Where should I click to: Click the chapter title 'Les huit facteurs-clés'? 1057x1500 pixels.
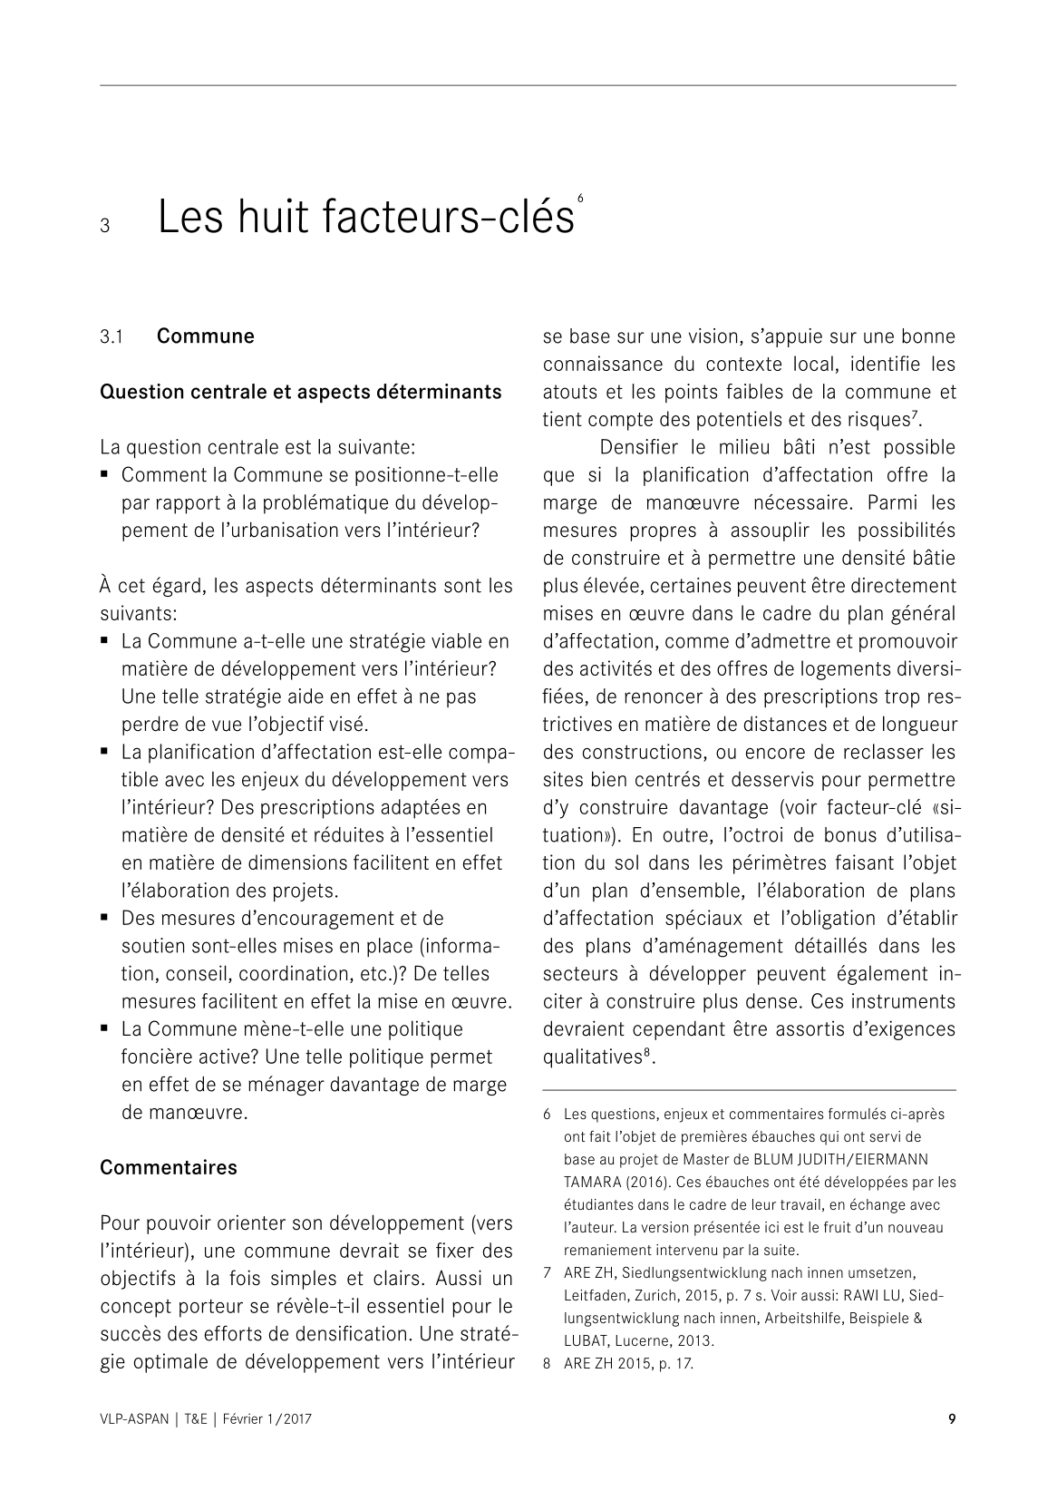(x=365, y=218)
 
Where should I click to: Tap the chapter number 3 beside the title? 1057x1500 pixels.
(x=105, y=226)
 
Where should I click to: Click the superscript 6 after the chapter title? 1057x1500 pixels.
(x=579, y=198)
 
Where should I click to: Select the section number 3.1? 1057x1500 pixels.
(x=112, y=337)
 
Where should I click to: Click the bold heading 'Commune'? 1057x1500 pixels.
(x=205, y=336)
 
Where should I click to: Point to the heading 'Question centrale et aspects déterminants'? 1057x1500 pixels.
(x=300, y=392)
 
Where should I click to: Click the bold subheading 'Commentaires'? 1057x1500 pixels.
(x=168, y=1167)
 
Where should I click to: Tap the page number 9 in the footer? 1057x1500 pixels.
(x=951, y=1419)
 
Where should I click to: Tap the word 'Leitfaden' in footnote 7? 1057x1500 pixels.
(x=594, y=1296)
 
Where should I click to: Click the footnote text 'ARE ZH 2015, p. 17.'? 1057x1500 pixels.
(x=628, y=1363)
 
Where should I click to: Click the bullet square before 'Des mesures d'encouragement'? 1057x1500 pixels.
(x=105, y=918)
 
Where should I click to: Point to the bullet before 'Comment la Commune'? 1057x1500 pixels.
(x=105, y=474)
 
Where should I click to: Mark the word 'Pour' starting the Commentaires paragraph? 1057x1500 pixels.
(x=121, y=1222)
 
